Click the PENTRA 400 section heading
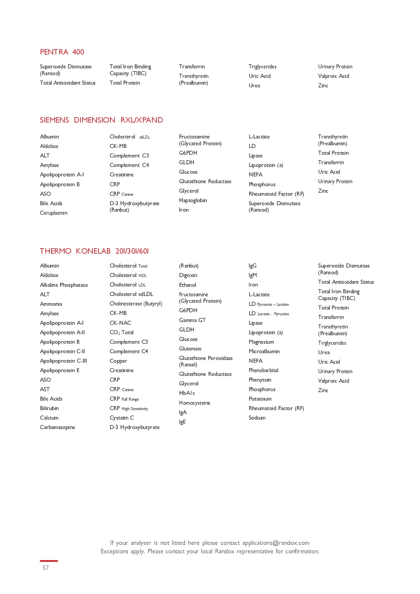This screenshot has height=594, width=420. [x=62, y=52]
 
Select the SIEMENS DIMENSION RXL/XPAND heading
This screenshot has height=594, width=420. [x=101, y=120]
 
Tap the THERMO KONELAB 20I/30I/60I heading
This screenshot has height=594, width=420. [x=94, y=251]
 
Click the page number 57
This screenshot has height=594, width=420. [x=46, y=568]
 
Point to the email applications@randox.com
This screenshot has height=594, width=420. [x=275, y=543]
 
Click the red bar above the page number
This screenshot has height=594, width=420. [x=49, y=561]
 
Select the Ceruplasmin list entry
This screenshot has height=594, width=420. [x=53, y=213]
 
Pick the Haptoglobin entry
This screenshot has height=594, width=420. [x=193, y=200]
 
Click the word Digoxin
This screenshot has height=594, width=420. [x=188, y=275]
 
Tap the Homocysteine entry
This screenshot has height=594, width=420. [x=195, y=403]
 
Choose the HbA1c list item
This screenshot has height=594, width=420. [x=187, y=393]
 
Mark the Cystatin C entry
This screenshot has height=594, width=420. [x=121, y=418]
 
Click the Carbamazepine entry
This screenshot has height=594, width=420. [x=58, y=427]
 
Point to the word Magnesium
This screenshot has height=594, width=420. [x=261, y=342]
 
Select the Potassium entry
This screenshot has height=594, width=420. [x=260, y=399]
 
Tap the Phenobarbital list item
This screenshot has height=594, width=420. [x=263, y=370]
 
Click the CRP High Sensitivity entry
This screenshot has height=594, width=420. [x=129, y=408]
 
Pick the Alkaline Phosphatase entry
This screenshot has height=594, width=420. [x=64, y=285]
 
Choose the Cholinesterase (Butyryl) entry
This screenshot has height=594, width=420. [x=136, y=304]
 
